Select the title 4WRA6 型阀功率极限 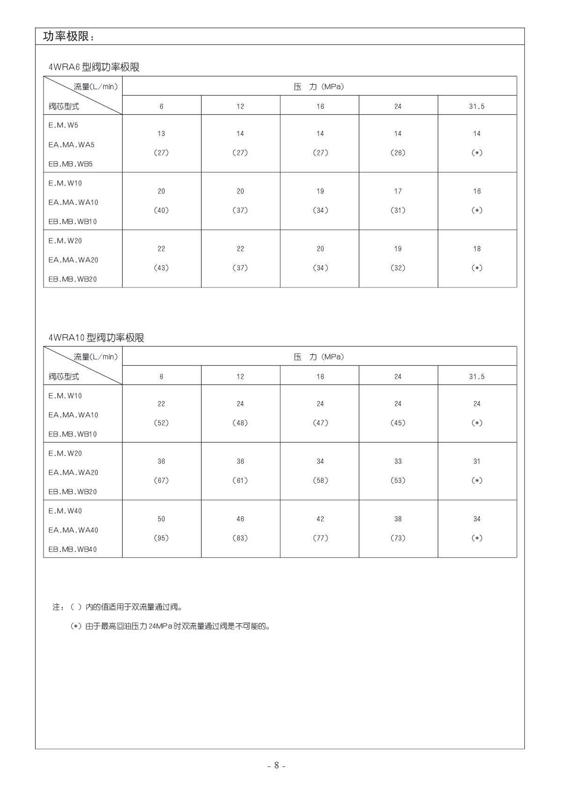tap(94, 67)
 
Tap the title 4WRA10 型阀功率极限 tap(96, 338)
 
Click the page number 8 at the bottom tap(276, 766)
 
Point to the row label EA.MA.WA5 tap(71, 145)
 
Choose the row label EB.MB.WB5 tap(71, 164)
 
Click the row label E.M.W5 tap(63, 125)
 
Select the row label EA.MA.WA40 tap(73, 530)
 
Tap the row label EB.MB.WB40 tap(72, 549)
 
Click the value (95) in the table tap(161, 538)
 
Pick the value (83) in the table tap(240, 538)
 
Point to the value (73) tap(398, 538)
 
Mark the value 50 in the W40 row tap(161, 519)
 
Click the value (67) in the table tap(161, 480)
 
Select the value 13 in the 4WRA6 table tap(161, 134)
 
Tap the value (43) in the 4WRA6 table tap(161, 268)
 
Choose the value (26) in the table tap(398, 153)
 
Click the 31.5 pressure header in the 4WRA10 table tap(477, 376)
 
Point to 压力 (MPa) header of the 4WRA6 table tap(319, 87)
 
